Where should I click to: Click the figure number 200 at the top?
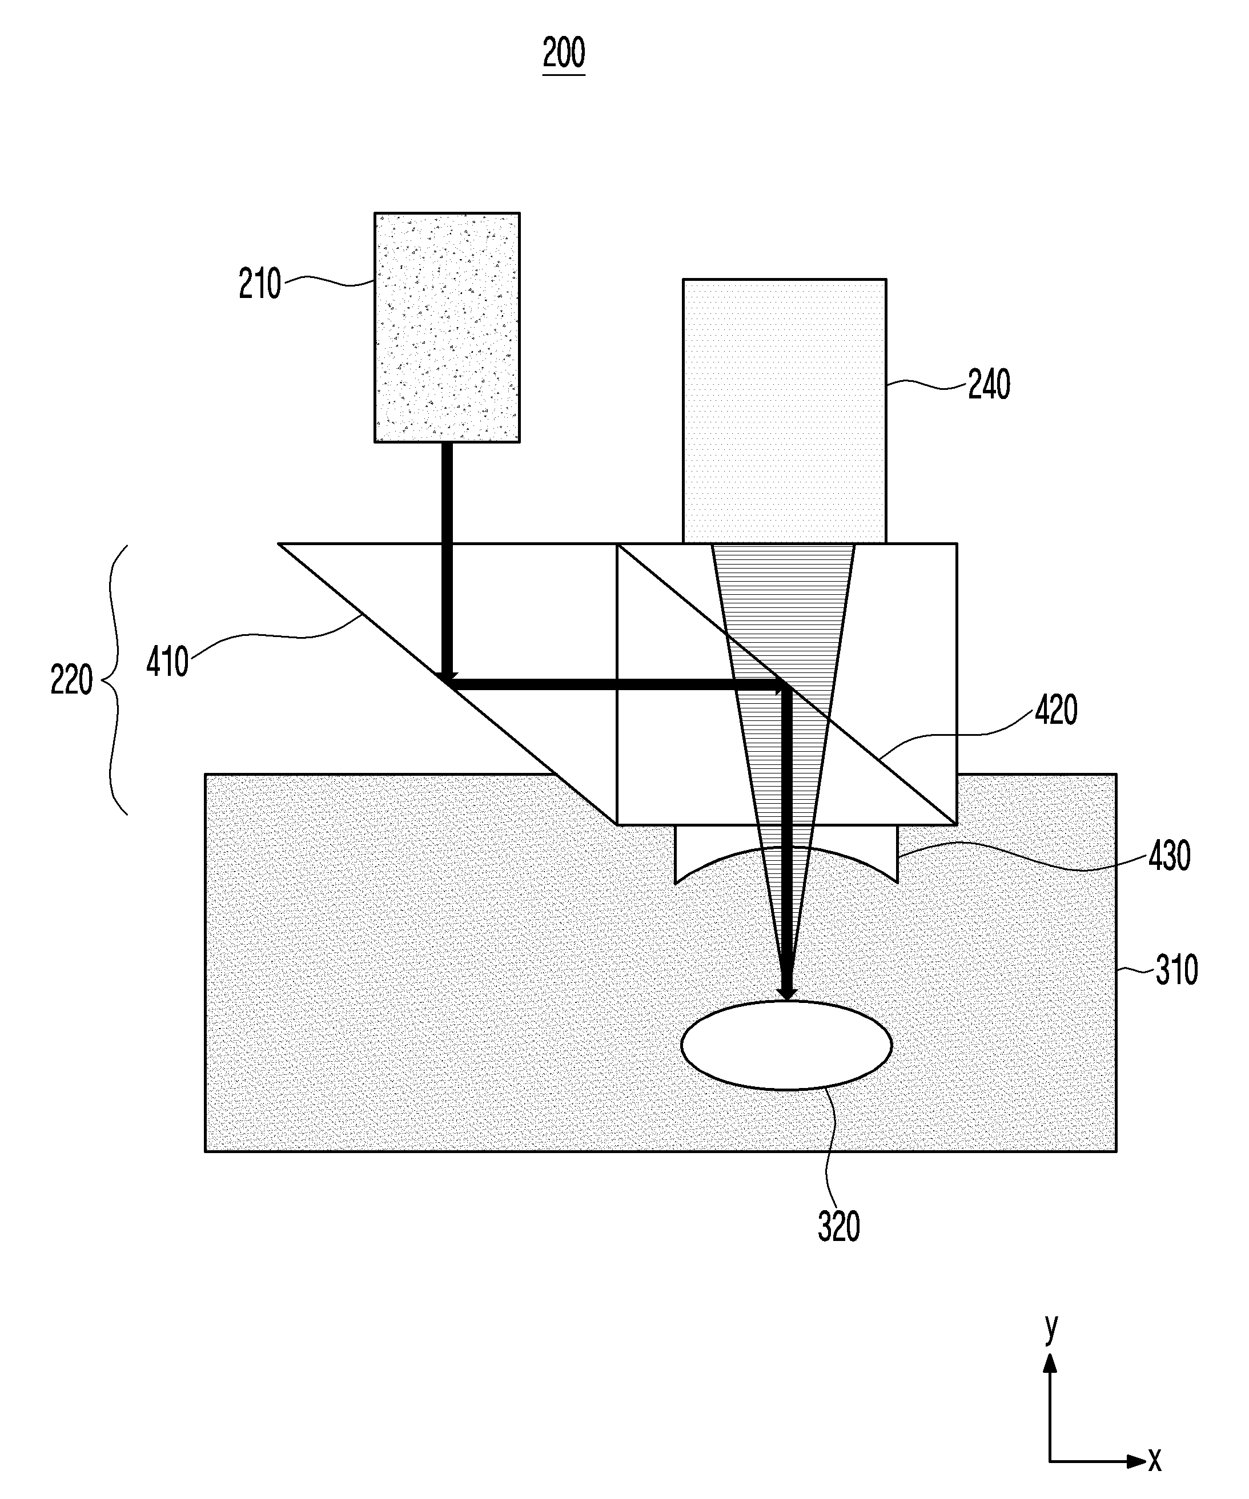pos(564,54)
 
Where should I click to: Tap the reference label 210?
pos(260,284)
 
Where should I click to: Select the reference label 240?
pos(989,385)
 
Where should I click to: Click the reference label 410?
pos(168,662)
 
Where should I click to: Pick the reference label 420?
pos(1055,710)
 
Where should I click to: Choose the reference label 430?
pos(1169,855)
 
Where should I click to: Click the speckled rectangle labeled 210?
pos(447,327)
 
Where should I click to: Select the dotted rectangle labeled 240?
pos(784,410)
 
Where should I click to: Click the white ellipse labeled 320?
pos(786,1045)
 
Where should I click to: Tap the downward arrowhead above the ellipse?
pos(787,993)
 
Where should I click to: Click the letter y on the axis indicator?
pos(1050,1327)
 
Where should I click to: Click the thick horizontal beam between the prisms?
pos(614,684)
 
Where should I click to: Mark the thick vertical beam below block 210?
pos(447,557)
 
